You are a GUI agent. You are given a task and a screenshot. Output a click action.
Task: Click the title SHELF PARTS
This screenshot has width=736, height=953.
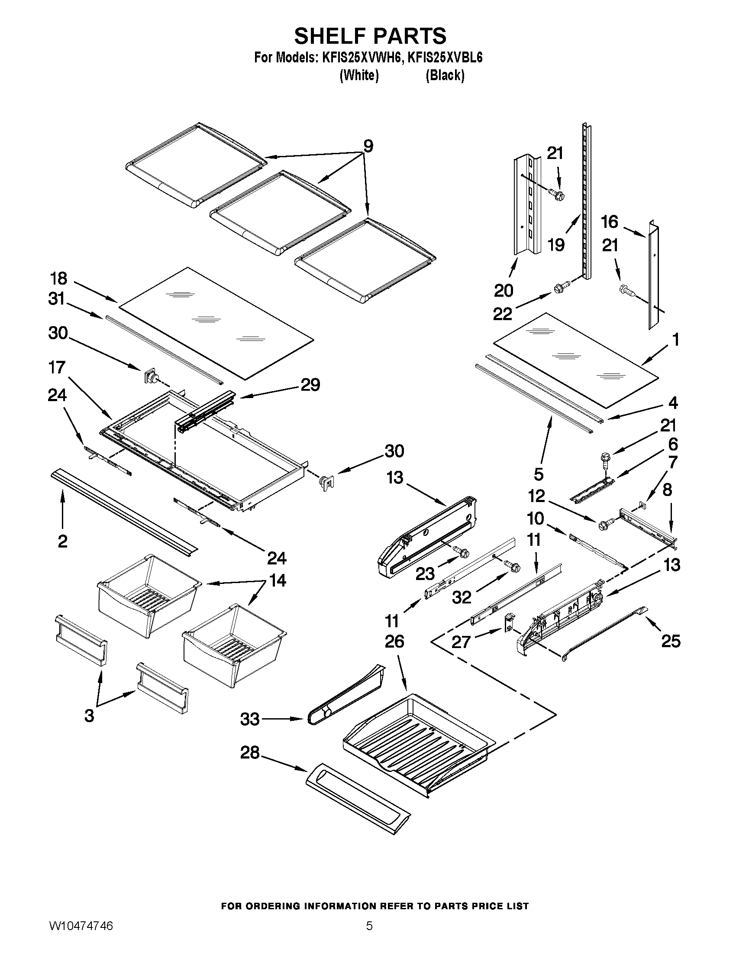coord(370,36)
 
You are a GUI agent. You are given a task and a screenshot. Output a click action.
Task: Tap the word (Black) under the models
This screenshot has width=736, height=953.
coord(445,75)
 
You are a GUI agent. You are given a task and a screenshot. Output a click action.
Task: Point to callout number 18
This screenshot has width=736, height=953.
coord(59,278)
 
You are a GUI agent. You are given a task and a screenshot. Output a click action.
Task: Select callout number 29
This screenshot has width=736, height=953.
coord(310,384)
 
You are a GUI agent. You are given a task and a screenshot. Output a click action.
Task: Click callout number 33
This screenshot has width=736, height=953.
coord(250,719)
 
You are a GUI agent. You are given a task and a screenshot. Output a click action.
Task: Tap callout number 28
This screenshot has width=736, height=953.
coord(250,753)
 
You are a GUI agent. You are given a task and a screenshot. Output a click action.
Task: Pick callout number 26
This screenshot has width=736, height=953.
coord(394,642)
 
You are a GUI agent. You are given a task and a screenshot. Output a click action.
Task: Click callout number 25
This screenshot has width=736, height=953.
coord(670,641)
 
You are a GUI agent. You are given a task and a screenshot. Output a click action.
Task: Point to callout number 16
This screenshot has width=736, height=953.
coord(610,222)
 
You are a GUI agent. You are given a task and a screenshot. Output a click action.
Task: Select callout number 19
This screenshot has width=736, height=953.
coord(556,245)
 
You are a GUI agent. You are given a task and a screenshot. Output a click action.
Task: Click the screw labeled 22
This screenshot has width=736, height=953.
coord(559,288)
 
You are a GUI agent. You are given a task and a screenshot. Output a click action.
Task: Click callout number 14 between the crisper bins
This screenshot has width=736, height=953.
coord(277,580)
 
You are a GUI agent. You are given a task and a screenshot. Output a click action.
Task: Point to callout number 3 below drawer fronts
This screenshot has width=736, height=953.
coord(89,716)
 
